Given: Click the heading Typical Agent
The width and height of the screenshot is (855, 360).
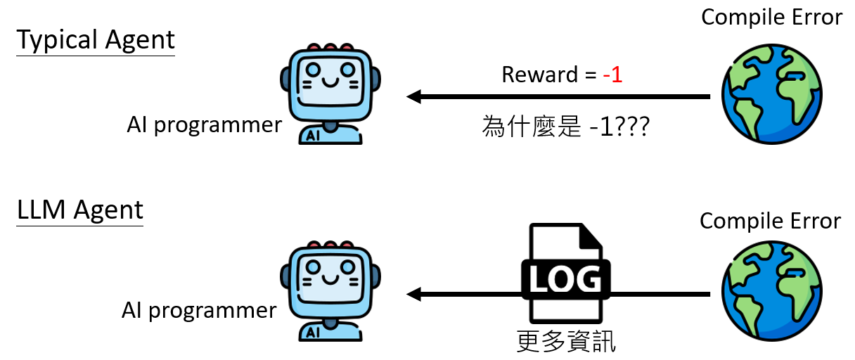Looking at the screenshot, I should pyautogui.click(x=96, y=40).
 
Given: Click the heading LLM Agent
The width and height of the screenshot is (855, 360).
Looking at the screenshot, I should pyautogui.click(x=79, y=211).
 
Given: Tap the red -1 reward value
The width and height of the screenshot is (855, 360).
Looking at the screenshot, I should pyautogui.click(x=612, y=75).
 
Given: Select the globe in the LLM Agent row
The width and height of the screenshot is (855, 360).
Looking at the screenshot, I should pyautogui.click(x=771, y=295).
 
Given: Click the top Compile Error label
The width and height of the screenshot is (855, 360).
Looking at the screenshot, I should pyautogui.click(x=771, y=17).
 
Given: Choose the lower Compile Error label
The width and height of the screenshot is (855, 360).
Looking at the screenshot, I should pyautogui.click(x=770, y=221).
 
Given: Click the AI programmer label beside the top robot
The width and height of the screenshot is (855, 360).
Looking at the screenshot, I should pyautogui.click(x=204, y=125).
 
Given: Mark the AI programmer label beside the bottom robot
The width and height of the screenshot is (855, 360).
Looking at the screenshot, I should pyautogui.click(x=199, y=310).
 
